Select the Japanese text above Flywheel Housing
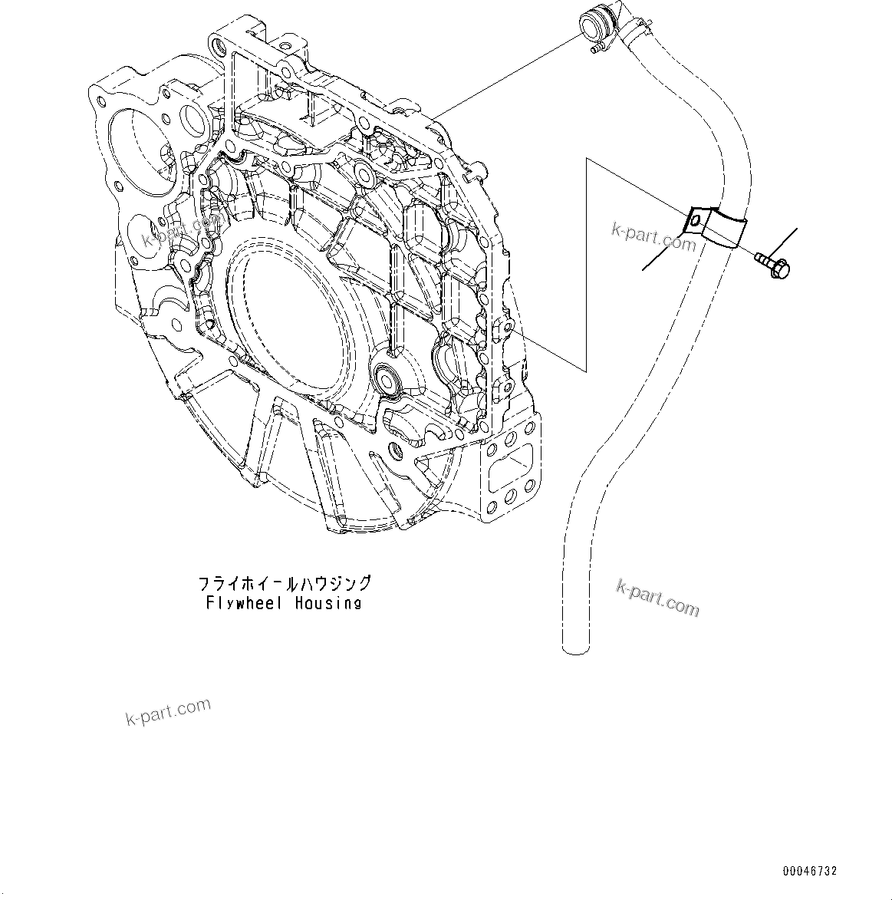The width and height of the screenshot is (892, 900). coord(284,583)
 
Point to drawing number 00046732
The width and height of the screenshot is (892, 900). coord(810,872)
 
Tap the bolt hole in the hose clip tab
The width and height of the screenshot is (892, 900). coord(694,222)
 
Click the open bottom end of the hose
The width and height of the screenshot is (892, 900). coord(576,649)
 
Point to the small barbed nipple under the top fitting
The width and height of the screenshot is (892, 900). coord(592,50)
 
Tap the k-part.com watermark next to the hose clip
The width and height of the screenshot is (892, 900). coord(653,238)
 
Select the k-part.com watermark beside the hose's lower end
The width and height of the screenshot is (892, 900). coord(658,597)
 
